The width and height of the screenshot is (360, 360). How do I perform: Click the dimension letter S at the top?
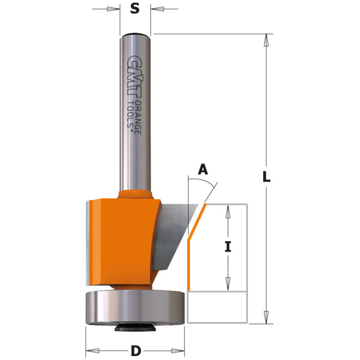135,9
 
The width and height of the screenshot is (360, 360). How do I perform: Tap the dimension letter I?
228,247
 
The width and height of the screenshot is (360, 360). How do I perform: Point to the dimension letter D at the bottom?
135,350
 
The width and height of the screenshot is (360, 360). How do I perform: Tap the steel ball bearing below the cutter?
135,308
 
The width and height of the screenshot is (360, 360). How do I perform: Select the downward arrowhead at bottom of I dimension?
228,284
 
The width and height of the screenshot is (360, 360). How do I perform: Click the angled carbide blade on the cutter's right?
173,234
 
